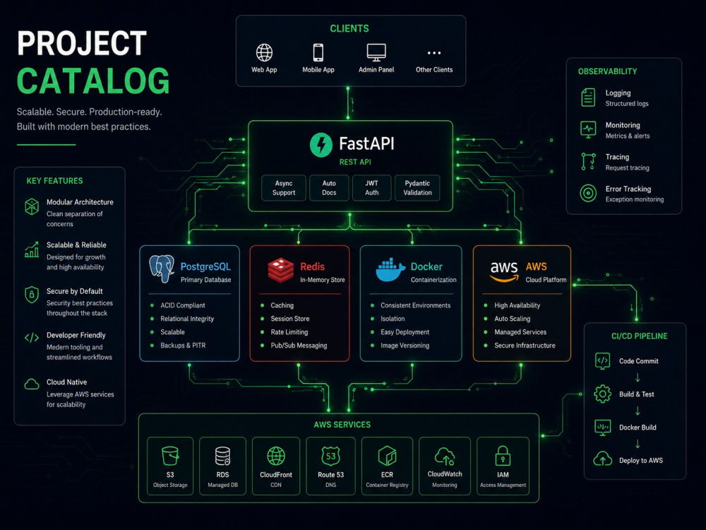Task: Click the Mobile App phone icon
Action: pos(318,52)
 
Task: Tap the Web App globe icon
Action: pos(264,52)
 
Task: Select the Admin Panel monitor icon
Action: pos(376,52)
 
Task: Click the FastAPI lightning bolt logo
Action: pos(321,145)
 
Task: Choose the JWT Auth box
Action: pos(371,188)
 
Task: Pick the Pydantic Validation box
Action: pos(417,188)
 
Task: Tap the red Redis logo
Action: pos(281,270)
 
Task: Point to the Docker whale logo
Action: pos(390,270)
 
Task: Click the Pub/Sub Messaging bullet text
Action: pos(299,346)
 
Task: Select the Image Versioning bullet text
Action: pos(405,346)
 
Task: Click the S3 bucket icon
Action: pos(170,456)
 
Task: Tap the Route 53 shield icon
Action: pos(330,456)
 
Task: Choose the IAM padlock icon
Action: pos(503,456)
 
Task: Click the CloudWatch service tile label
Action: pos(445,474)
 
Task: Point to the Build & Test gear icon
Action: pos(602,394)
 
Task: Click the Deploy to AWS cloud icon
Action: pos(602,459)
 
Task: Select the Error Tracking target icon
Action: pos(588,194)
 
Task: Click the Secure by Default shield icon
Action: pos(32,295)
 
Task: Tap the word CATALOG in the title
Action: pos(93,81)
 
